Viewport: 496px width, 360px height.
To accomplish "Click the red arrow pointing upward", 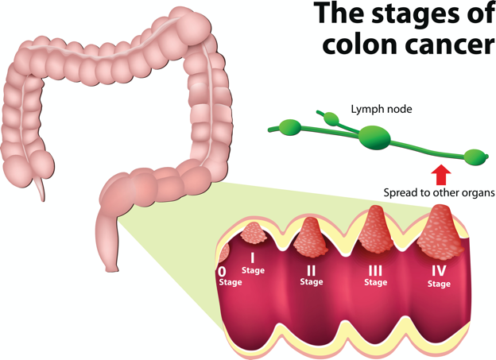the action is coord(441,175).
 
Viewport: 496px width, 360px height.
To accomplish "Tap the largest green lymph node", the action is coord(374,137).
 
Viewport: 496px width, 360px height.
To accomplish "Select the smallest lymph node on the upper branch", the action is coord(331,118).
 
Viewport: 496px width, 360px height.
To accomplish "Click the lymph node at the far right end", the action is coord(475,157).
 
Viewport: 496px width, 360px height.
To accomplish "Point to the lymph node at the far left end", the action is coord(290,127).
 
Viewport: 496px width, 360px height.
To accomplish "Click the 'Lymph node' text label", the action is coord(382,109).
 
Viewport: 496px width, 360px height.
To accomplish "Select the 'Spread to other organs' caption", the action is coord(439,192).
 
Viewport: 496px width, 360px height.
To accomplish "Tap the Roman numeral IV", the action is coord(439,270).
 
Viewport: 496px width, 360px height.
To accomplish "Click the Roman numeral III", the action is coord(375,271).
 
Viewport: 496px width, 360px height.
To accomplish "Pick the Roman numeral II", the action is coord(312,270).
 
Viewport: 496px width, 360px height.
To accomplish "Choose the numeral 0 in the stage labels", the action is coord(223,272).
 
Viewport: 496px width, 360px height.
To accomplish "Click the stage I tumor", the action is coord(253,233).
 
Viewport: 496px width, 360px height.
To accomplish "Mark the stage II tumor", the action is coord(311,238).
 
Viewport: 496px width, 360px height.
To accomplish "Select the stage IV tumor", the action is coord(440,233).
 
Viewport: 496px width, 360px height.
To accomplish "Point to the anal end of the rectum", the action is coord(111,269).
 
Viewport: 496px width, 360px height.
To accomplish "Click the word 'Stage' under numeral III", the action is coord(376,282).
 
